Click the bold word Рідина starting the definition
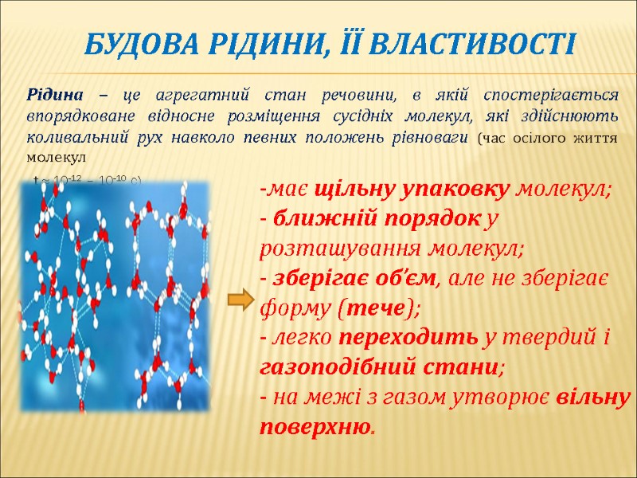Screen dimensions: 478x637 (50, 95)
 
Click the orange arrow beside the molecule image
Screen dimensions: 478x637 (239, 300)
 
